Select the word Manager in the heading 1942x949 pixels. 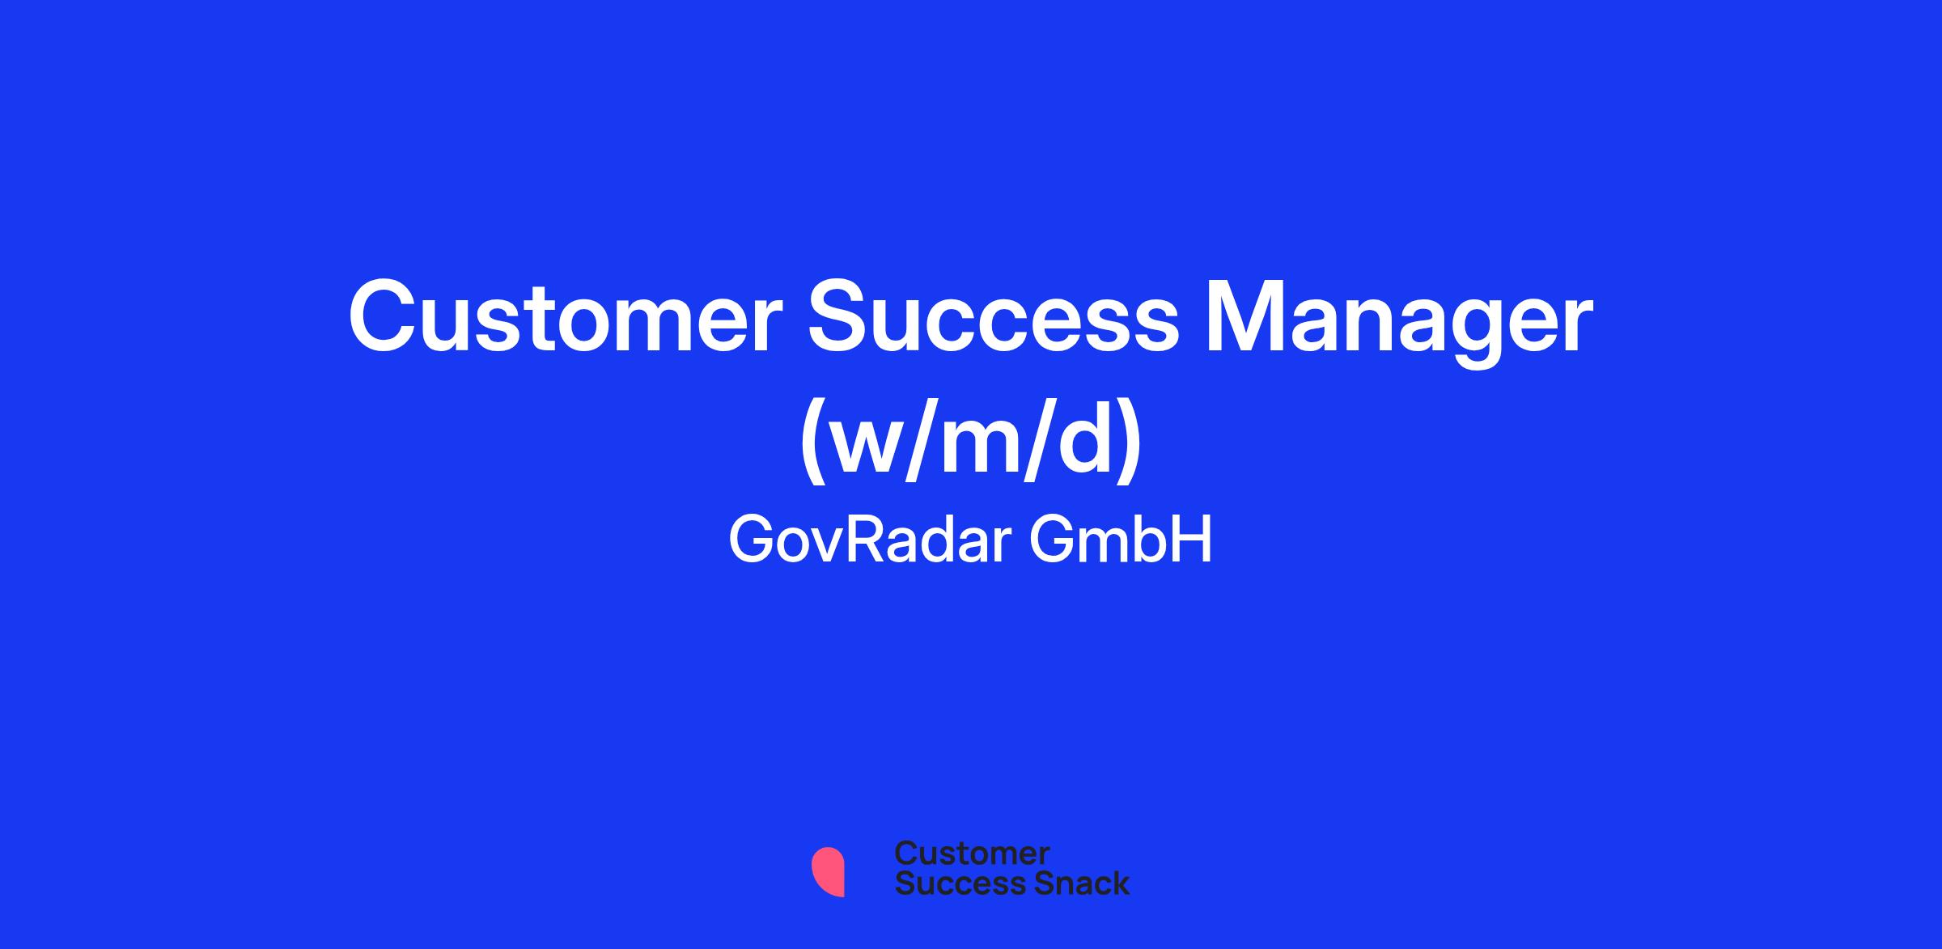pos(1399,323)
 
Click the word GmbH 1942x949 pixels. pos(1122,540)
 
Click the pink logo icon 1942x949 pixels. pos(828,872)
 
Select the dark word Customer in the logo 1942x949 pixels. pos(973,854)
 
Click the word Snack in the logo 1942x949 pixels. pos(1069,883)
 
